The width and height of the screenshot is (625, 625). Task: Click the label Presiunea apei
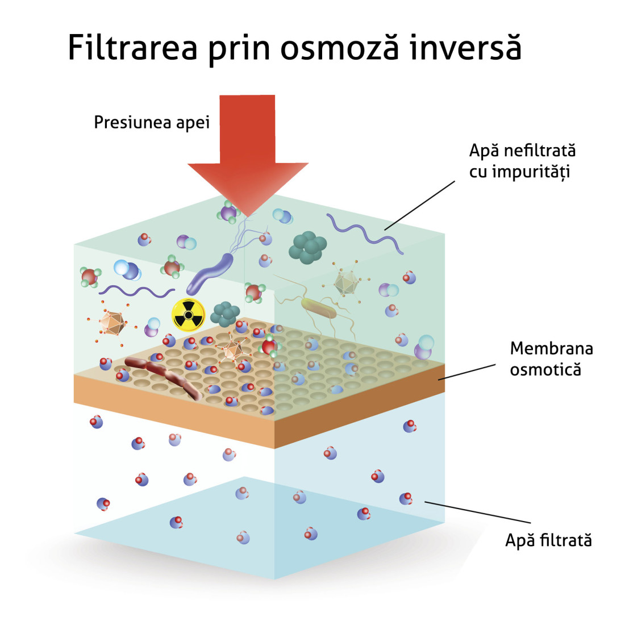coord(152,123)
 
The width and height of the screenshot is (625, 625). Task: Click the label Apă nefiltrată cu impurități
coord(522,161)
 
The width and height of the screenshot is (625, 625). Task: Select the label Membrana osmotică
coord(544,359)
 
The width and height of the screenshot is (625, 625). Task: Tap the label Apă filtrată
coord(548,540)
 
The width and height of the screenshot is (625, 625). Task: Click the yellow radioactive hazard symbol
coord(189,314)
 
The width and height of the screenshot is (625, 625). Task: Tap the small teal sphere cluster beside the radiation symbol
coord(226,314)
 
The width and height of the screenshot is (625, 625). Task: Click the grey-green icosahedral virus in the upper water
coord(345,282)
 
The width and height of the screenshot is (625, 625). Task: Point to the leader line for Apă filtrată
coord(477,512)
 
